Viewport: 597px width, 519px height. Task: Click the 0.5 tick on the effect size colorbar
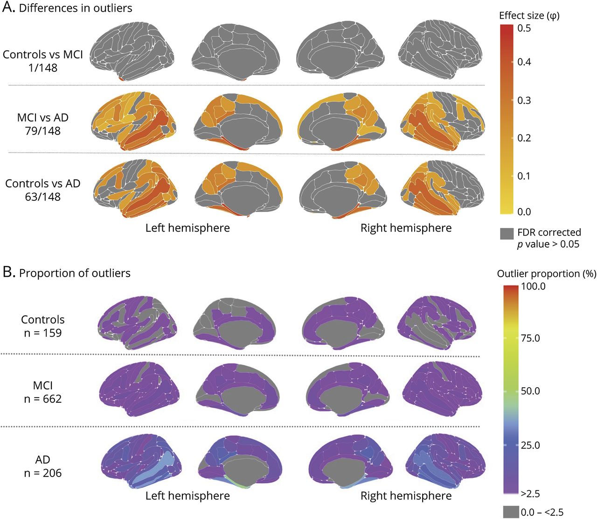[524, 28]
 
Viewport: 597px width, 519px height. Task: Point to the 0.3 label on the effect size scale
[524, 100]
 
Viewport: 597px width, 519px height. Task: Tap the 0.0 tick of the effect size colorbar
[524, 212]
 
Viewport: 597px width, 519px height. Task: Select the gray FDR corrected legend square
[507, 234]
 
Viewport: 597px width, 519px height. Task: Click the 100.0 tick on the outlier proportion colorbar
[533, 286]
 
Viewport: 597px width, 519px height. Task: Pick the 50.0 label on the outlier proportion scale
[530, 391]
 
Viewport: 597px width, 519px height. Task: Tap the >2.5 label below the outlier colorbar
[530, 494]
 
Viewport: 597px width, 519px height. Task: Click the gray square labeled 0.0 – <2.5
[510, 512]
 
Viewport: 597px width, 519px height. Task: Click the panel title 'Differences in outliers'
[76, 8]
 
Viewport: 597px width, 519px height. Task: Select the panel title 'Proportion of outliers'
[75, 273]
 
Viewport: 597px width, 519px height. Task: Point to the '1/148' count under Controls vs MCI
[42, 68]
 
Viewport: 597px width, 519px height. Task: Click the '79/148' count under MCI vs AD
[42, 131]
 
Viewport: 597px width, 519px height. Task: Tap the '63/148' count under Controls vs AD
[42, 197]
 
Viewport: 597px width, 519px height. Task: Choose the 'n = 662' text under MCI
[42, 399]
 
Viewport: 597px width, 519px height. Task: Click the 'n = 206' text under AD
[42, 473]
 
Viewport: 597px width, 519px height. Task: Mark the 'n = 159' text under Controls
[42, 333]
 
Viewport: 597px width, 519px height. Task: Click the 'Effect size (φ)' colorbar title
[529, 15]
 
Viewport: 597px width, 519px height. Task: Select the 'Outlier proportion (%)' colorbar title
[547, 274]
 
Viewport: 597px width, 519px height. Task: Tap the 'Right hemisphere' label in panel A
[406, 228]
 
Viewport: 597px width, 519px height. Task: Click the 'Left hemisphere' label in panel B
[187, 496]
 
